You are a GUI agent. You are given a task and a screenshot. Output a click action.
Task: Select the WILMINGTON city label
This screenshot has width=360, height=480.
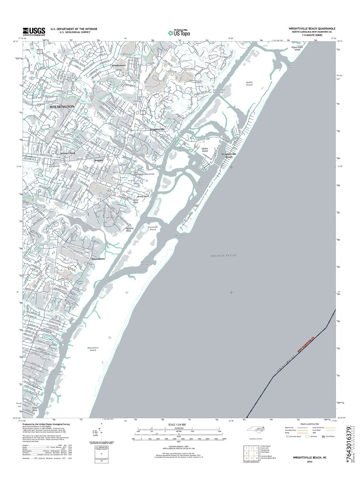[62, 106]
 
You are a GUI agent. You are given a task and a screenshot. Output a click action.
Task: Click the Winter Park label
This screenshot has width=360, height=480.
[68, 153]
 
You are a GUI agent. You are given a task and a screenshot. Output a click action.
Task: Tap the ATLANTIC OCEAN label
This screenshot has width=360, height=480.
[223, 255]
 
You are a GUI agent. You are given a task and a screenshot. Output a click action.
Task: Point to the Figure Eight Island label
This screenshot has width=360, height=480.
[297, 48]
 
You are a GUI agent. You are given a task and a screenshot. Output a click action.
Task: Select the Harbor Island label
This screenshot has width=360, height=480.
[205, 150]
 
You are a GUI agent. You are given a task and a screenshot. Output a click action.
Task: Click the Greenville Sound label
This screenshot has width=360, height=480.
[153, 228]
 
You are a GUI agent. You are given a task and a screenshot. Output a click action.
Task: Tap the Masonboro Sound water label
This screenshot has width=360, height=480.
[92, 349]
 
